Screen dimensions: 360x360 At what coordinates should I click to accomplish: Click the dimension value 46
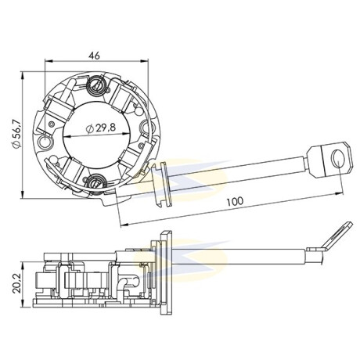tap(94, 56)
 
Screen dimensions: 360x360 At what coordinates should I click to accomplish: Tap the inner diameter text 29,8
tap(106, 128)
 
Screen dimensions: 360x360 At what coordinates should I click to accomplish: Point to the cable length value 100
tap(235, 201)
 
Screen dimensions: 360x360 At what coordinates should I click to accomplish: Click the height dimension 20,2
tap(17, 284)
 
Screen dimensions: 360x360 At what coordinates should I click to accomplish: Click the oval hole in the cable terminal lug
tap(338, 159)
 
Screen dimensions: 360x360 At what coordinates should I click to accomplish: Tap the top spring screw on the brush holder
tap(97, 85)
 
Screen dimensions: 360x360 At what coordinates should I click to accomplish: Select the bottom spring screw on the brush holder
tap(95, 182)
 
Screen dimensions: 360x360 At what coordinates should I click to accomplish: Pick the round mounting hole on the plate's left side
tap(45, 141)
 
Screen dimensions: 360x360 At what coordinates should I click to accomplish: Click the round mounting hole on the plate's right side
tap(146, 127)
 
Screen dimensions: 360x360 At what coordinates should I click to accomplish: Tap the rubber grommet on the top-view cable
tap(162, 185)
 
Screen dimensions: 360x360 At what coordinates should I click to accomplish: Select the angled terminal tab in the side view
tap(337, 236)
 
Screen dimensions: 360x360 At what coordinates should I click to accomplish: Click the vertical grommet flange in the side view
tap(166, 272)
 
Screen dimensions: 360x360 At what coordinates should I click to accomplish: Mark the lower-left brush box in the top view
tap(70, 171)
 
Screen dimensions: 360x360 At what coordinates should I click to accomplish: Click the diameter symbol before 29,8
tap(90, 128)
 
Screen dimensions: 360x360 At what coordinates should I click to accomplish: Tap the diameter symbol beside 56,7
tap(17, 145)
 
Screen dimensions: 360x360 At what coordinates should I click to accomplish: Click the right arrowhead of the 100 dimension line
tap(340, 194)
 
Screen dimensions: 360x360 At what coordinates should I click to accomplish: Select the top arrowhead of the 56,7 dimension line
tap(23, 76)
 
